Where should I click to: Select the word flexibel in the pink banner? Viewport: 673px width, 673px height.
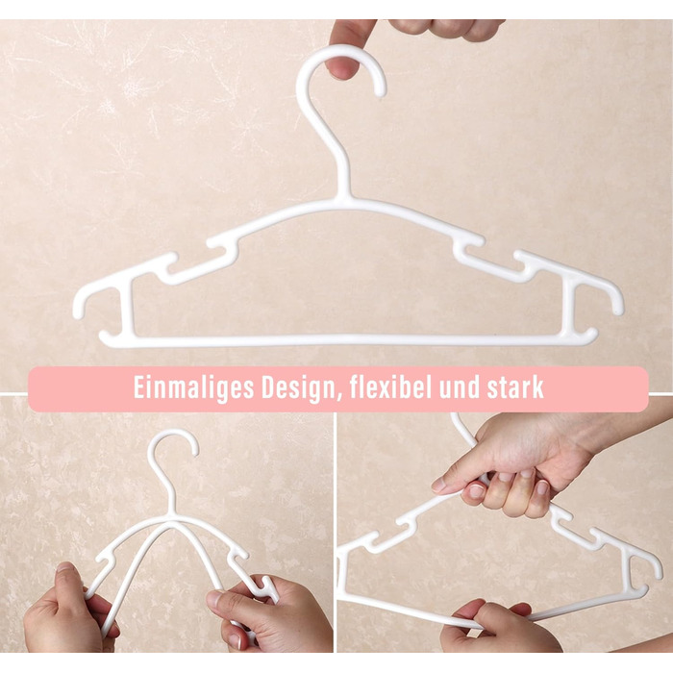(390, 387)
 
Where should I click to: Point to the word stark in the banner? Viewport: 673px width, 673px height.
(515, 387)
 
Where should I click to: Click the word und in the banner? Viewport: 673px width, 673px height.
(460, 388)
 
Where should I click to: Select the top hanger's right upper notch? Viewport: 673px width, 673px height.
(468, 246)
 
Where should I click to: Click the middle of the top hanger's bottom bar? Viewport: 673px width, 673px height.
(348, 340)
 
